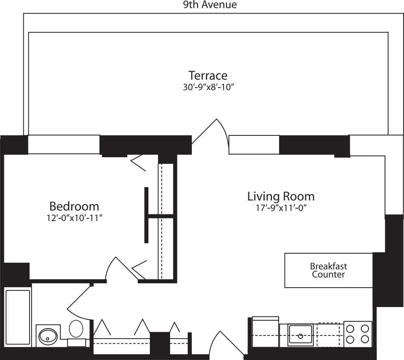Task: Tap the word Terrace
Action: click(208, 75)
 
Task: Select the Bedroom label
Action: click(74, 206)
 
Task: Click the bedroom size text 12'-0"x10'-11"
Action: click(74, 218)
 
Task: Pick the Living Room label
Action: click(281, 196)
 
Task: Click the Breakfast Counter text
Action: click(328, 270)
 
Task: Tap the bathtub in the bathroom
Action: click(18, 317)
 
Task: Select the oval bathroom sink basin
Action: click(48, 335)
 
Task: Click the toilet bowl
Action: click(76, 329)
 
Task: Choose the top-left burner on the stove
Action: click(350, 328)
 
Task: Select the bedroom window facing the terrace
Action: click(64, 144)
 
